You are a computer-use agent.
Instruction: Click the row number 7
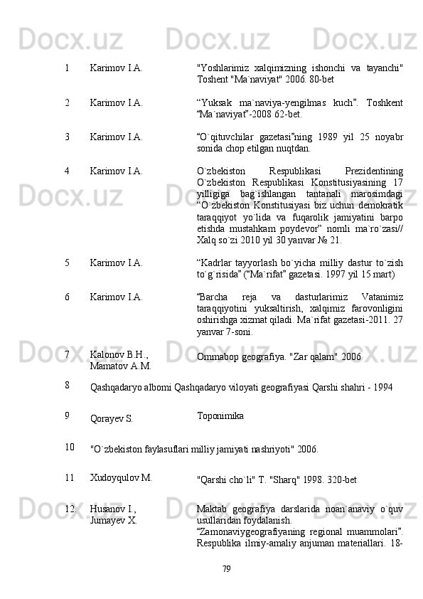[x=66, y=353]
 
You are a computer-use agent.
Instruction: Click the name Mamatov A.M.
[x=120, y=365]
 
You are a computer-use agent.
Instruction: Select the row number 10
[x=68, y=447]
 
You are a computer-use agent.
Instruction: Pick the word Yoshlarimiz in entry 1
[x=223, y=69]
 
